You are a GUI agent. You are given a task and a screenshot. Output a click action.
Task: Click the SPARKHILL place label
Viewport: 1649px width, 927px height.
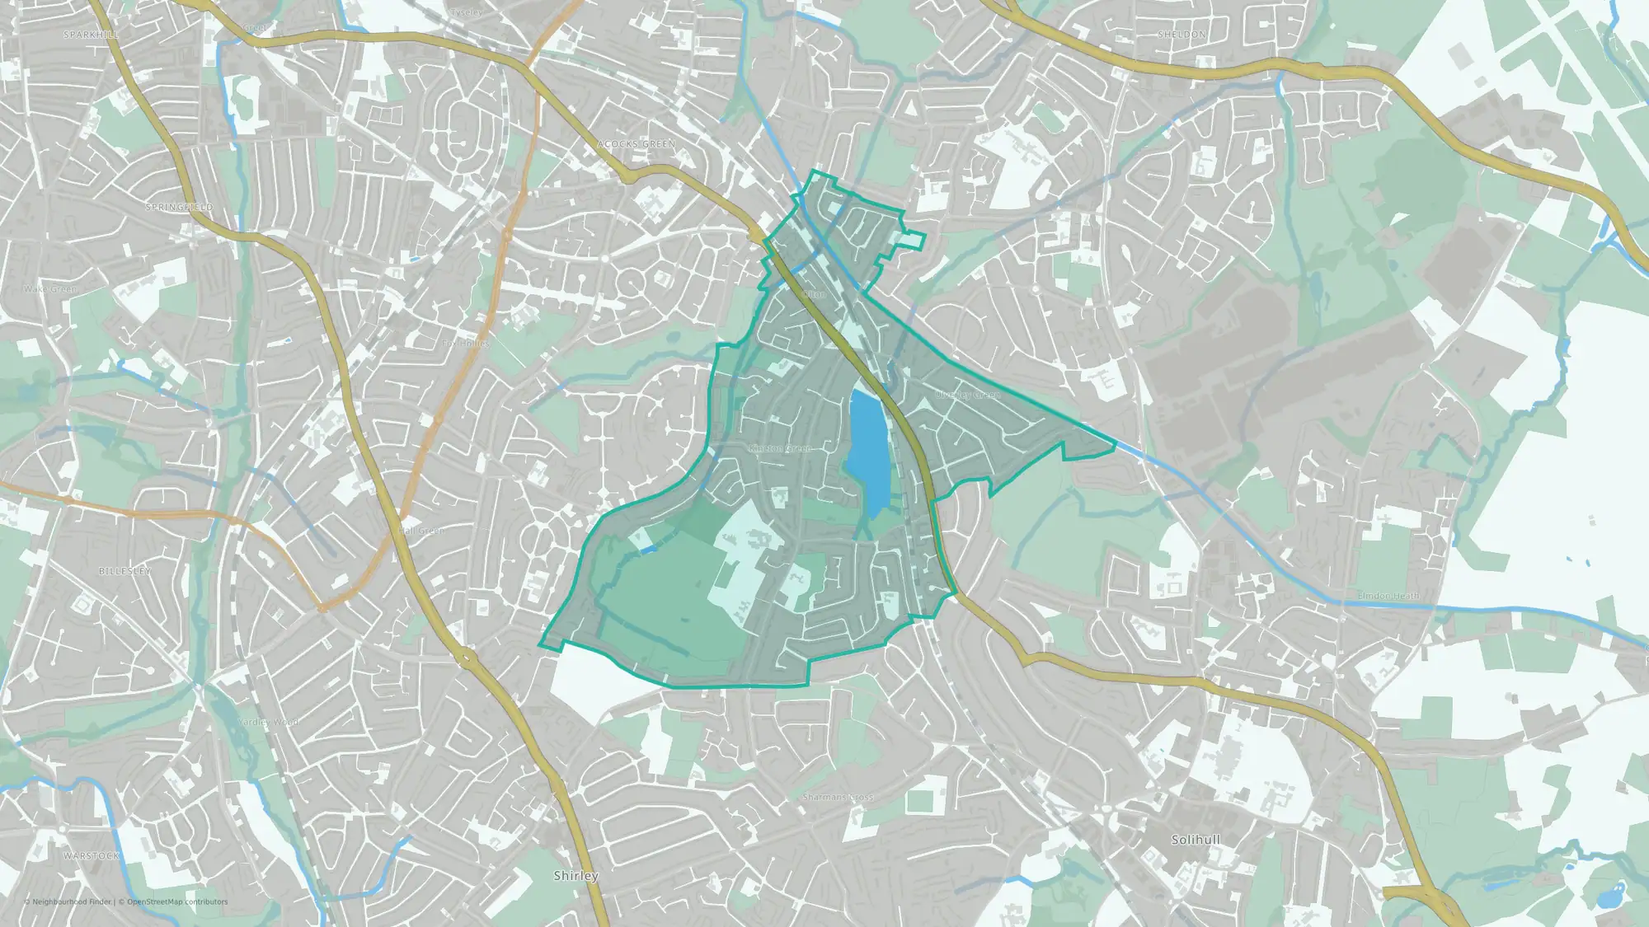click(x=91, y=35)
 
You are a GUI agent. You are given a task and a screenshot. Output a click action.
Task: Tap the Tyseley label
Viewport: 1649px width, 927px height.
click(x=467, y=13)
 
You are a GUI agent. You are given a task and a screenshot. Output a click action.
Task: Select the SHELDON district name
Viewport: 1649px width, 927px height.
click(x=1182, y=35)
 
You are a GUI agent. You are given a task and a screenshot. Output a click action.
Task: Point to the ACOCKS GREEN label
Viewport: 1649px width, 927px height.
click(x=636, y=144)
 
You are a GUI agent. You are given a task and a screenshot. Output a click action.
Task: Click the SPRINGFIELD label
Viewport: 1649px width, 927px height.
click(x=179, y=207)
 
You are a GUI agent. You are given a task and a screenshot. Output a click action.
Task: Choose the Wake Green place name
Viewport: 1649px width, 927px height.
click(x=50, y=289)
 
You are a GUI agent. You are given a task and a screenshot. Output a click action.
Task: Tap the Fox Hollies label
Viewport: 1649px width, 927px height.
click(x=466, y=343)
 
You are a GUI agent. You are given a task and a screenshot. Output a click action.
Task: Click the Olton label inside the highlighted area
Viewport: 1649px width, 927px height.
click(x=814, y=294)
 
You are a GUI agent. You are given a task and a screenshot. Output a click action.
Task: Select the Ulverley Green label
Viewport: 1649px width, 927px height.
click(x=967, y=396)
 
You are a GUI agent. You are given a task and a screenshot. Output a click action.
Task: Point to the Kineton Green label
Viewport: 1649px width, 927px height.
click(x=780, y=448)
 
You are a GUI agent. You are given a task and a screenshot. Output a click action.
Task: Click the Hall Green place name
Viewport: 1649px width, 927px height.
click(x=421, y=531)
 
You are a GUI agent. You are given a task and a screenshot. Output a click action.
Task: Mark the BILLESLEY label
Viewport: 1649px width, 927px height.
click(x=124, y=571)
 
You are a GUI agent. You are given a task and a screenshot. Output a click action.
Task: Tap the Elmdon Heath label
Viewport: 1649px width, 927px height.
click(x=1388, y=596)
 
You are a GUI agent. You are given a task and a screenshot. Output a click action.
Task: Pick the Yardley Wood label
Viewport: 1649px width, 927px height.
click(x=268, y=722)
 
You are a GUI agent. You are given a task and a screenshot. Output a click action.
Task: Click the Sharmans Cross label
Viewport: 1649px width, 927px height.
click(x=838, y=798)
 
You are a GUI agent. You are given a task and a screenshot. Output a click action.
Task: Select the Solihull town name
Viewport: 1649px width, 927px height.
click(x=1196, y=840)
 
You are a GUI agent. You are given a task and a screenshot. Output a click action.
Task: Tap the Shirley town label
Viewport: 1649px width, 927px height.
click(x=576, y=876)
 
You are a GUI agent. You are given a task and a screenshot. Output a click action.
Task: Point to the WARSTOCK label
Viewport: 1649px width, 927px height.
click(x=92, y=856)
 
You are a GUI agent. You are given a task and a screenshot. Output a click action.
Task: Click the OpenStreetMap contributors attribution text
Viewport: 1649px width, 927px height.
click(x=177, y=901)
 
